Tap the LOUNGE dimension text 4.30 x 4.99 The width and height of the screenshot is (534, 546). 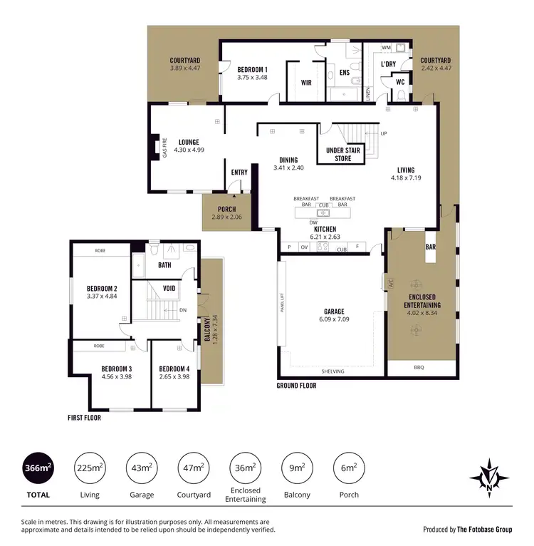pos(189,150)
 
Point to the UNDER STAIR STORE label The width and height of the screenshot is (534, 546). pos(343,155)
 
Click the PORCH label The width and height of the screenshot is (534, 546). pos(226,209)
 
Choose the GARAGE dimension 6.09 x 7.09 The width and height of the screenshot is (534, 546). pos(334,319)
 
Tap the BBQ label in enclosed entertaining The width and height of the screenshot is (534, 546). pos(419,369)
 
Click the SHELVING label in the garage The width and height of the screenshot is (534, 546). pos(333,371)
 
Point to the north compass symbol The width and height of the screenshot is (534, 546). pos(488,475)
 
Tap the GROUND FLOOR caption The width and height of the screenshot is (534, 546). pos(296,386)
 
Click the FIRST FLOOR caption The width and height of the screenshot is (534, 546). pos(85,418)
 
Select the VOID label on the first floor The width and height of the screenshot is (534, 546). pos(169,288)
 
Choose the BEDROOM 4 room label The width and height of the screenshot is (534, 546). pos(174,369)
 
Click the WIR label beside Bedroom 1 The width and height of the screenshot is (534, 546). pos(306,83)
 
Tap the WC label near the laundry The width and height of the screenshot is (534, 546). pos(400,82)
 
